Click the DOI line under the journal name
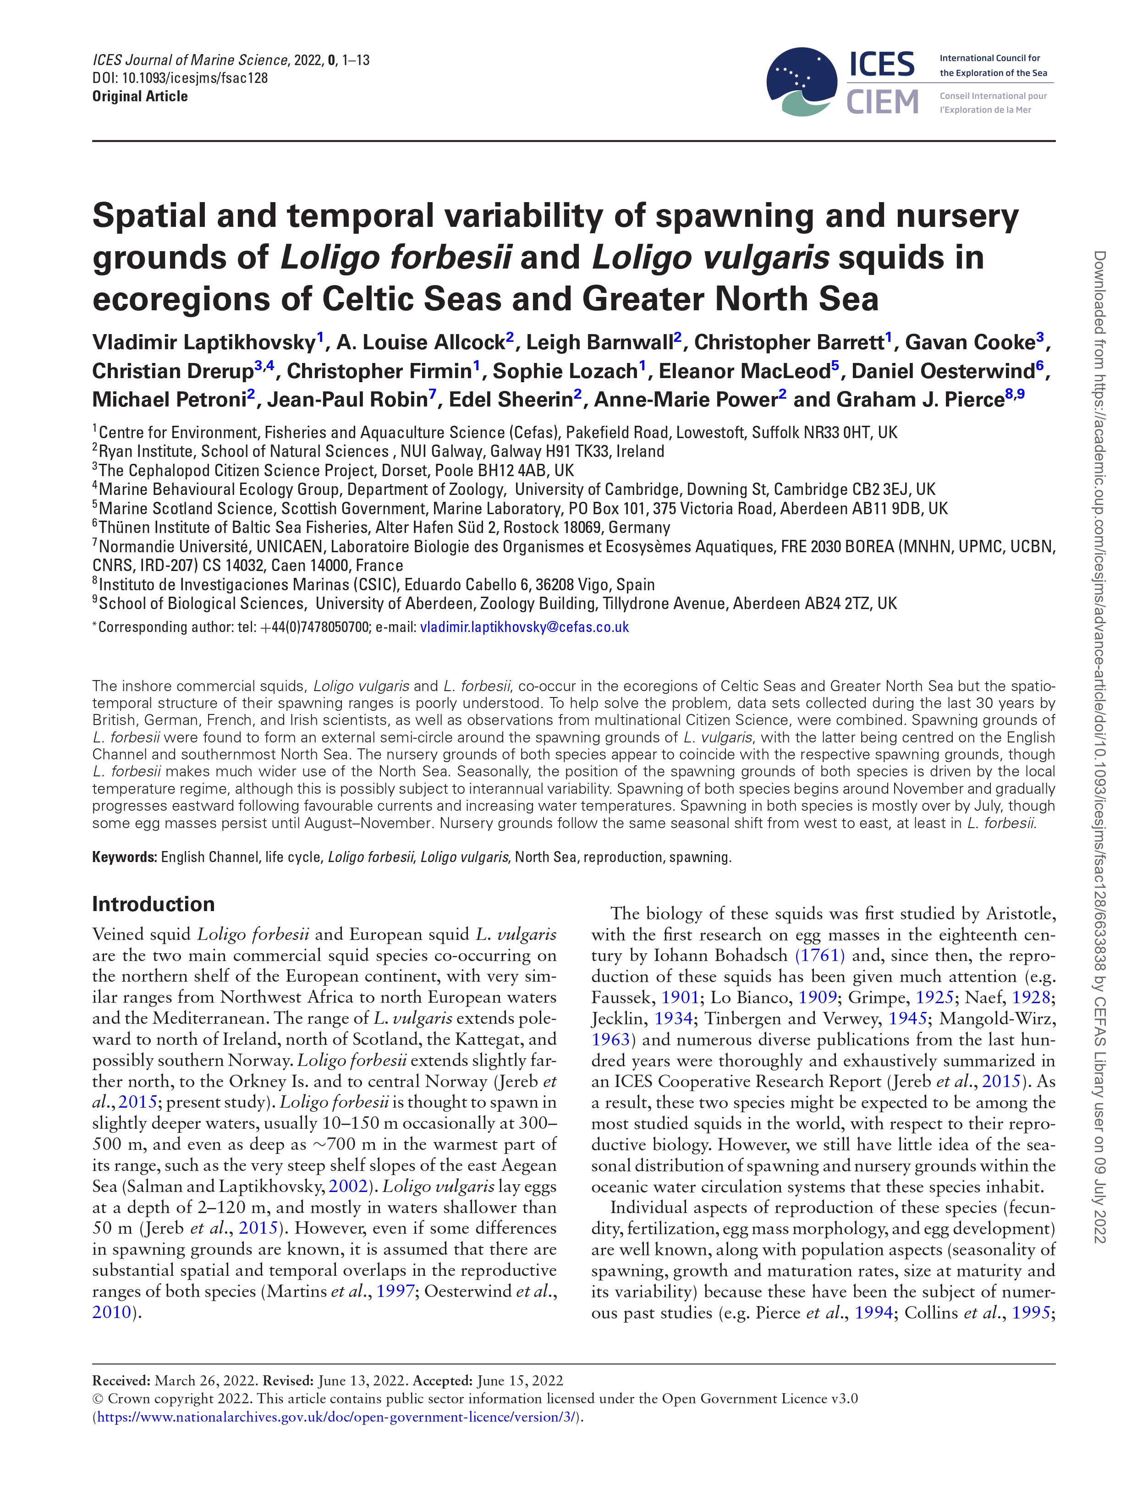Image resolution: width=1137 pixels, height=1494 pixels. point(180,78)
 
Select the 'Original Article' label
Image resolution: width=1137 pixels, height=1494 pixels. point(140,96)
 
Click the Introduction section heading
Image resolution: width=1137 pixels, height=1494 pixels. point(154,904)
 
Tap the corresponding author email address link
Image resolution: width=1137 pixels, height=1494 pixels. point(525,627)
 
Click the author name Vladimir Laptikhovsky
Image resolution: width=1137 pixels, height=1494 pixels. point(204,342)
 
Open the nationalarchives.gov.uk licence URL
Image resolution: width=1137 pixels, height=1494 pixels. point(338,1417)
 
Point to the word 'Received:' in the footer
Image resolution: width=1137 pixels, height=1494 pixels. point(122,1381)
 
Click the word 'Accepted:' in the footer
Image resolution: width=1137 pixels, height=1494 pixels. point(443,1381)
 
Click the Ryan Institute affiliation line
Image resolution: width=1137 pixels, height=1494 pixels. point(379,451)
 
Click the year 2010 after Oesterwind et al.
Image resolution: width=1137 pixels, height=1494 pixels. point(112,1312)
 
